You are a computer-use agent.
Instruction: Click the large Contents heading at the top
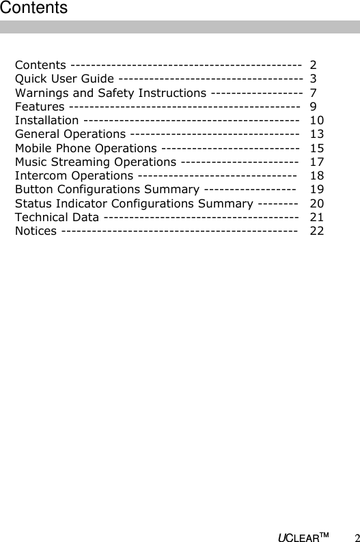coord(33,8)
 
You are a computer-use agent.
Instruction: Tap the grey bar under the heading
coord(180,27)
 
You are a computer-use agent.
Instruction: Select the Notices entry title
coord(36,231)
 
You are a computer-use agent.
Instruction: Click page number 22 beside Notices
coord(316,231)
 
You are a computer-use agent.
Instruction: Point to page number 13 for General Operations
coord(316,134)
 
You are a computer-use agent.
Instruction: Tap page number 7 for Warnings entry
coord(313,93)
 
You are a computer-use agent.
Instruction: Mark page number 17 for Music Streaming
coord(316,162)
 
